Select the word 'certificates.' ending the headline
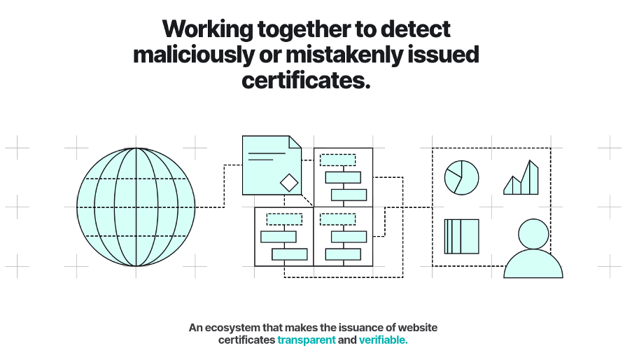tap(305, 80)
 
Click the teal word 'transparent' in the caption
tap(307, 340)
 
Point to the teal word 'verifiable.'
tap(383, 340)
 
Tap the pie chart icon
tap(461, 176)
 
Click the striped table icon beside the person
tap(461, 236)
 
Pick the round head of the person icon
tap(533, 234)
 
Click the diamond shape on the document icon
tap(288, 182)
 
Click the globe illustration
tap(136, 207)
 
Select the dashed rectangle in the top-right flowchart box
tap(337, 160)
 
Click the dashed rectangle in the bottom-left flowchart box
tap(284, 219)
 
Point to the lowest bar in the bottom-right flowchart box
tap(343, 254)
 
